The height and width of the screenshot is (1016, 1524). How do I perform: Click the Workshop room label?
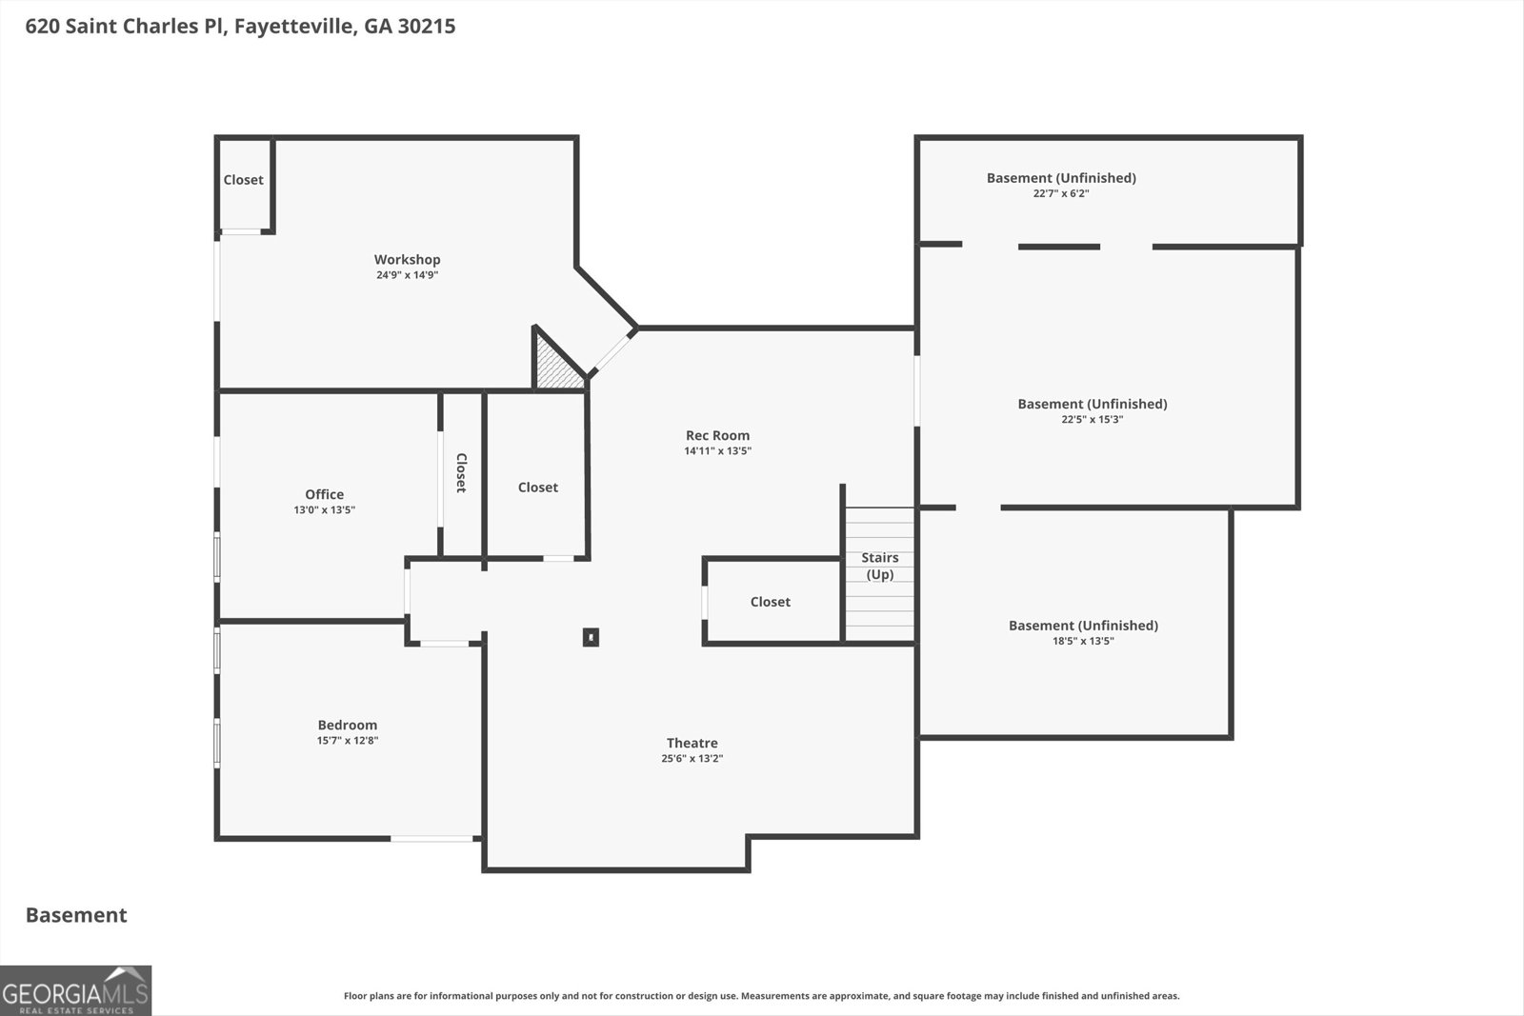407,259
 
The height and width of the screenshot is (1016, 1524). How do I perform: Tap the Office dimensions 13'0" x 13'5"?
324,510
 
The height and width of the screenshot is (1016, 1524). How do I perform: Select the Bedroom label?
347,725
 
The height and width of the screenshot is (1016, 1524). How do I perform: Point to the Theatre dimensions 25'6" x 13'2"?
692,759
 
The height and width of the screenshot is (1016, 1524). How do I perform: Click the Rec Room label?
717,435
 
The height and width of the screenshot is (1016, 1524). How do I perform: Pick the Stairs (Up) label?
879,566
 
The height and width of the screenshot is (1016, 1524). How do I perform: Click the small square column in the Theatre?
591,637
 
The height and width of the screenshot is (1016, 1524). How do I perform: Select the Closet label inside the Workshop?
243,180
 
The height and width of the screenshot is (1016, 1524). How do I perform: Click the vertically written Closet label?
461,472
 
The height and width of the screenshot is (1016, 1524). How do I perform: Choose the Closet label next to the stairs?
770,602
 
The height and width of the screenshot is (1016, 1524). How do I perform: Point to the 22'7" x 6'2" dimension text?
1060,193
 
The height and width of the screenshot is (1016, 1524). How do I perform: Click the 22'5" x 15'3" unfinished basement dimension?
1092,419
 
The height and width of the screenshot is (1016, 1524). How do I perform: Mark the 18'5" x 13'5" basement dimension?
1083,641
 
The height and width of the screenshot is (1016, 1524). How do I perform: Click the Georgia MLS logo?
75,990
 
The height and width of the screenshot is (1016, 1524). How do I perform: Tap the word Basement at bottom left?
76,915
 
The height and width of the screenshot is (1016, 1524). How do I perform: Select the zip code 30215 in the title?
428,26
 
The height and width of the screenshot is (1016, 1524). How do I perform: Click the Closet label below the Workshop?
537,488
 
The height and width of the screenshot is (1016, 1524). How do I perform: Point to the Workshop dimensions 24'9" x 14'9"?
407,275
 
